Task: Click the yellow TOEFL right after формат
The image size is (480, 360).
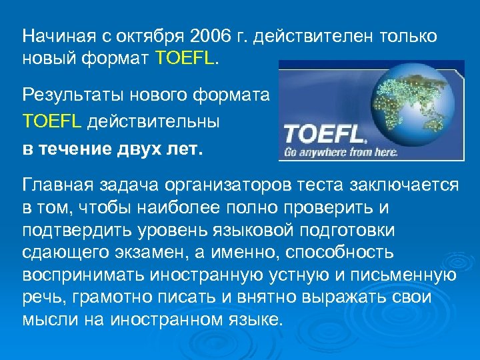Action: (x=184, y=59)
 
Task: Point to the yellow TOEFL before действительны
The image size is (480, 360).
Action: (x=51, y=122)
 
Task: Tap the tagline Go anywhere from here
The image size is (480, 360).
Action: (x=341, y=152)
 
